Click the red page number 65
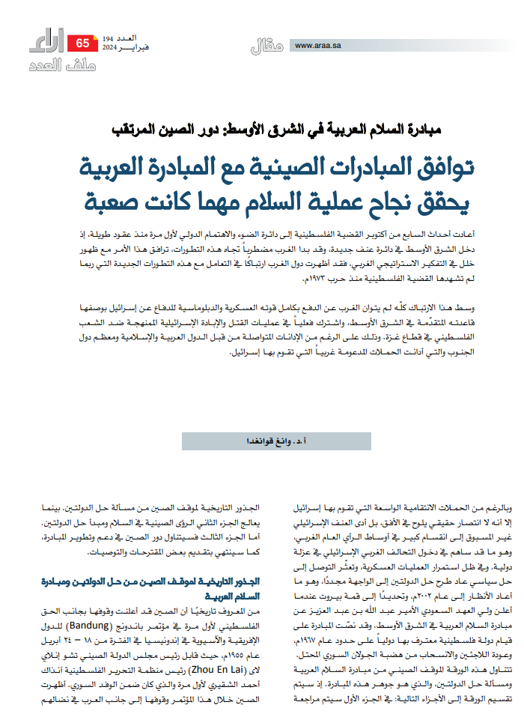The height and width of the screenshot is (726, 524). [x=82, y=43]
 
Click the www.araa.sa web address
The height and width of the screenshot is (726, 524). [x=319, y=45]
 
